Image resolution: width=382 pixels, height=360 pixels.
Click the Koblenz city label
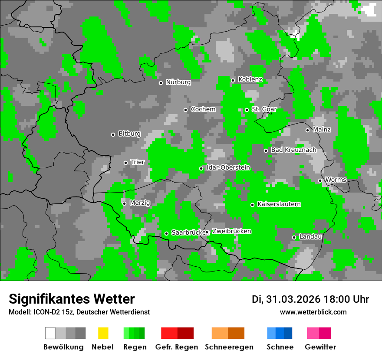[x=250, y=79]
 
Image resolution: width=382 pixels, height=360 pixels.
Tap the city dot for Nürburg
[x=161, y=83]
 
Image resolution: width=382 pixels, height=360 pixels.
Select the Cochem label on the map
[x=203, y=109]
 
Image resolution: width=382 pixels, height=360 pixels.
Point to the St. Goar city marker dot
[x=247, y=110]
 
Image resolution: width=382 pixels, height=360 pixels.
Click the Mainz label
[x=322, y=130]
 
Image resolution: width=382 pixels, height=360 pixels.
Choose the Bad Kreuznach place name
[x=293, y=150]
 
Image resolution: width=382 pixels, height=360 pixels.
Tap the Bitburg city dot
[x=113, y=134]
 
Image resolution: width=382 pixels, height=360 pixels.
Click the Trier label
[x=138, y=162]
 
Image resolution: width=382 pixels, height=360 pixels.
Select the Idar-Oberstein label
[x=228, y=168]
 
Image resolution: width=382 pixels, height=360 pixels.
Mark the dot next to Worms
[x=320, y=180]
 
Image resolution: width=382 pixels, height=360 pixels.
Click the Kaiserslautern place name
[x=279, y=204]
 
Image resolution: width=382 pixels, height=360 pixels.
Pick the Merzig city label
[x=140, y=203]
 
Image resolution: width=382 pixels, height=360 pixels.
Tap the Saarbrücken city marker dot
[x=166, y=233]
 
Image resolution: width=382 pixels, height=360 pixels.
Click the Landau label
[x=310, y=237]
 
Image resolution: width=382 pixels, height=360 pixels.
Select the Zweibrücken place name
[x=231, y=232]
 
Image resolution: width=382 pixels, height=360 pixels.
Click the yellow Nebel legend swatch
[x=103, y=333]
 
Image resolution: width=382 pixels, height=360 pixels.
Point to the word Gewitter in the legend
[x=320, y=347]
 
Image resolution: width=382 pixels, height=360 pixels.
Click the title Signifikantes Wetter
[x=72, y=299]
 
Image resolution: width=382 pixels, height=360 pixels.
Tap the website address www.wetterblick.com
[x=313, y=312]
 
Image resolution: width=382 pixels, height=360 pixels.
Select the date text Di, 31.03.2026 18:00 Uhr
[x=310, y=299]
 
